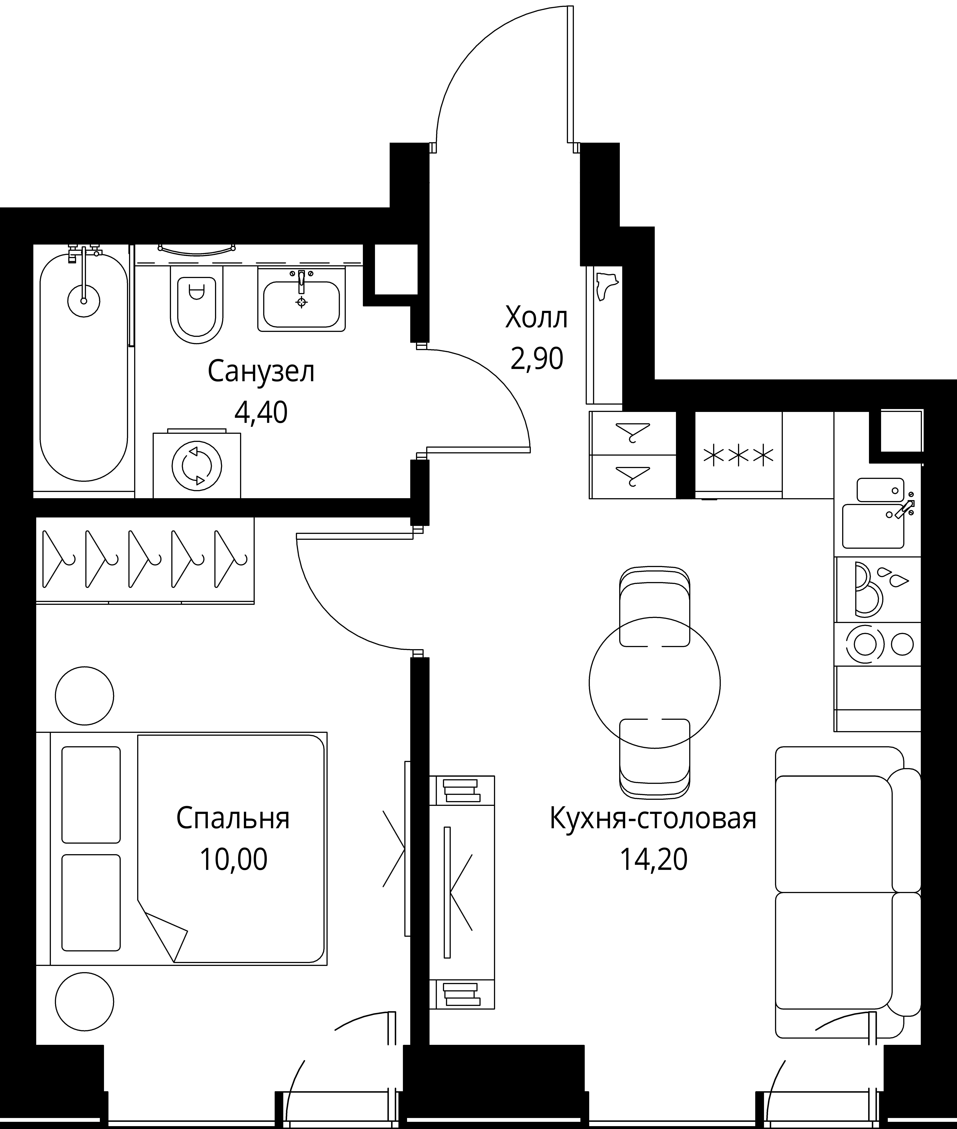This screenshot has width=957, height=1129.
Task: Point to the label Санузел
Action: (x=261, y=372)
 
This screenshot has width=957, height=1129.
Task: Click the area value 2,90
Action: (x=537, y=358)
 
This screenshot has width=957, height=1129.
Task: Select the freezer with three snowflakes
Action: (x=738, y=455)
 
